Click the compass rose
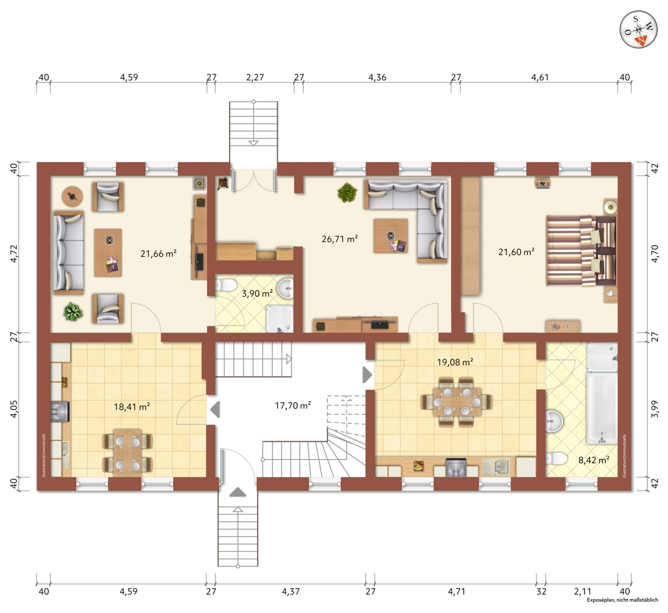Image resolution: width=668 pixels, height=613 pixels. coord(638,30)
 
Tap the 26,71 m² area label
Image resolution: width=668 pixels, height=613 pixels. coord(340,239)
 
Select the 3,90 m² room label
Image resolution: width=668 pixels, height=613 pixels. coord(257,293)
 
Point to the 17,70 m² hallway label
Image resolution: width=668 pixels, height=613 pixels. coord(293,406)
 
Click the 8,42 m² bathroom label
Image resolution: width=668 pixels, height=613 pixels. coord(594,460)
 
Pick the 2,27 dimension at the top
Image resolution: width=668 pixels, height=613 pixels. coord(255,78)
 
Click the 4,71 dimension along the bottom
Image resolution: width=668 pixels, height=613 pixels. coord(456,592)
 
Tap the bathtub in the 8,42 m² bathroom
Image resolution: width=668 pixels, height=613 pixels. coord(602,408)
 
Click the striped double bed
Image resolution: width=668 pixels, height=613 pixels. coord(581,251)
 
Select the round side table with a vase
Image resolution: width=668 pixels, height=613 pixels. coord(73,196)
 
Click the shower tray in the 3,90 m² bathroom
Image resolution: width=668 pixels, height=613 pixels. coord(280,319)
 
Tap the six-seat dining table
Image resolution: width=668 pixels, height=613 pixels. coord(457,402)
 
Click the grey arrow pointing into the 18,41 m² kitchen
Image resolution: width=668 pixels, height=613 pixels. coord(215,410)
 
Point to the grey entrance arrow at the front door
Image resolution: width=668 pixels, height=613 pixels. coord(238,492)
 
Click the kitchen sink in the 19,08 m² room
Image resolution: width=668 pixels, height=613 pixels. coord(496,466)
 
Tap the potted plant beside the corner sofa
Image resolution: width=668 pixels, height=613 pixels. coord(347,193)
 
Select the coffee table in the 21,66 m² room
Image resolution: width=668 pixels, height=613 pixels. coord(108,252)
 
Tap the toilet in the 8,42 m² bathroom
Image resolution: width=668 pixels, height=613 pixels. coord(557,458)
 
